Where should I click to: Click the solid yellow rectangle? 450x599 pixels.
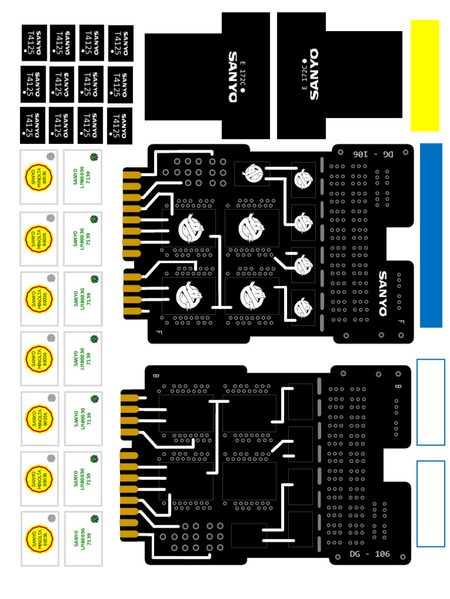(425, 75)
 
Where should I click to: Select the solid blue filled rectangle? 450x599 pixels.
(431, 235)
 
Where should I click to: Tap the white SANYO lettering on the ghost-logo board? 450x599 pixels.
(383, 293)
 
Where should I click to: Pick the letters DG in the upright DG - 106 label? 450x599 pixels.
(355, 554)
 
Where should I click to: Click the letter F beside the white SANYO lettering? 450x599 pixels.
(401, 322)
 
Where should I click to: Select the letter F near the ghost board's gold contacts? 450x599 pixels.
(158, 333)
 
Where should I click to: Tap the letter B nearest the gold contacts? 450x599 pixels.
(155, 375)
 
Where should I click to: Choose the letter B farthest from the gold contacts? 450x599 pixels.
(398, 386)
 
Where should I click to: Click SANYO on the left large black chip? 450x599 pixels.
(233, 77)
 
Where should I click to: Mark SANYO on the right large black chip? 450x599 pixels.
(314, 74)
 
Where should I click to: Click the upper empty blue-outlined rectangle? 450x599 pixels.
(431, 402)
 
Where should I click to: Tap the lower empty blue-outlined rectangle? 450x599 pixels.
(431, 504)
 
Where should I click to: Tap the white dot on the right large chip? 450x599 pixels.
(305, 61)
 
